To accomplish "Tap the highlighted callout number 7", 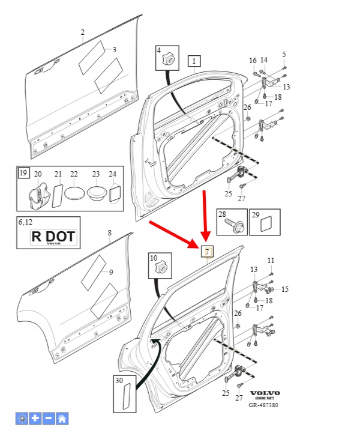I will click(207, 251).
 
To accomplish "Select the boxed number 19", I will click(23, 173).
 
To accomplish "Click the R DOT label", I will click(53, 237).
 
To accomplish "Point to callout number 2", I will click(83, 32).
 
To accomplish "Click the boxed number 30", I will click(119, 380).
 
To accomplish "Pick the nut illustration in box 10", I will click(161, 266).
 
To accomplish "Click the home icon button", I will click(62, 419).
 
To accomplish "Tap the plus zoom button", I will click(35, 419).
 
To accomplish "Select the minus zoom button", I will click(49, 419).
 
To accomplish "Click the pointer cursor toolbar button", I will click(22, 419).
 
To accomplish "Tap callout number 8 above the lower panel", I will click(109, 232).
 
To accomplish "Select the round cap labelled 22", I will click(74, 193).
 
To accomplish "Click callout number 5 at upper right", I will click(284, 55).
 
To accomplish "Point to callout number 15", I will click(284, 289).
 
